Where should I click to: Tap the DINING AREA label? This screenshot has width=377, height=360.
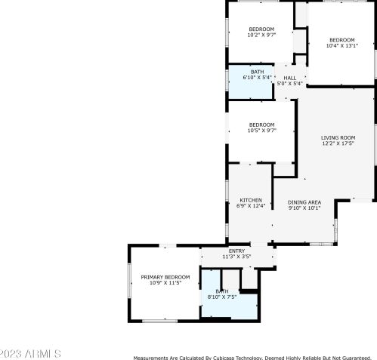(304, 202)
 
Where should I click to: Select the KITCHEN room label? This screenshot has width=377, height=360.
(251, 200)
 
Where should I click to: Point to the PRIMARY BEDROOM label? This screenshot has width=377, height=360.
(165, 277)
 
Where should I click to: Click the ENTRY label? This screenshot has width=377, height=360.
(236, 251)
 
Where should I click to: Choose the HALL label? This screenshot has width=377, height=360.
(290, 78)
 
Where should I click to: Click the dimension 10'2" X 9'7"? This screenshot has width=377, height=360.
(261, 35)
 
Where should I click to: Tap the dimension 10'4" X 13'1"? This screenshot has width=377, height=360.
(341, 46)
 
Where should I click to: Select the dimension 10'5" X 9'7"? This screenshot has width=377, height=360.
(261, 131)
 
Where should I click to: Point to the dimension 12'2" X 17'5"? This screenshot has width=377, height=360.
(338, 143)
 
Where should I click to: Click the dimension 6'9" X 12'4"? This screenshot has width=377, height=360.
(251, 206)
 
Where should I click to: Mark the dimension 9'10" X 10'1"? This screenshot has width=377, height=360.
(304, 208)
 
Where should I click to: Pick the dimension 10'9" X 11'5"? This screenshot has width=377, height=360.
(165, 283)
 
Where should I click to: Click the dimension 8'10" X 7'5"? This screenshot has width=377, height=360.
(222, 297)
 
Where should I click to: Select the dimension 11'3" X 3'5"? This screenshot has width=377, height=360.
(236, 257)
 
